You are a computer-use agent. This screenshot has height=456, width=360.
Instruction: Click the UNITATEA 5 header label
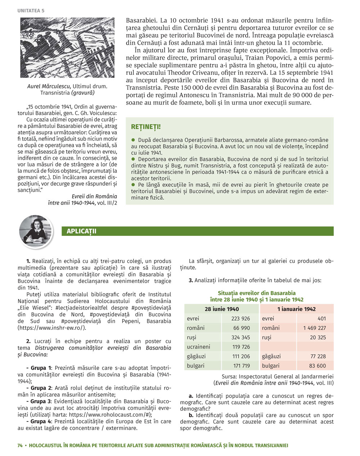click(31, 11)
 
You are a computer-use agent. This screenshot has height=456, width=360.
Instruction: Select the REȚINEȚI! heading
click(146, 127)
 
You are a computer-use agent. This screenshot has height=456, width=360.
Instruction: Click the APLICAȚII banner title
click(81, 231)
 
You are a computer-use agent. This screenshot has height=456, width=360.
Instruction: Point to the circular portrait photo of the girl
click(36, 232)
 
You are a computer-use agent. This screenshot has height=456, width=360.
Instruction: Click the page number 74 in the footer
click(20, 445)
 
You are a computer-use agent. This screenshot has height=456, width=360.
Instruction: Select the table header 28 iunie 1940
click(221, 309)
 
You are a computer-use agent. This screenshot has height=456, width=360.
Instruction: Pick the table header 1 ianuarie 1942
click(296, 309)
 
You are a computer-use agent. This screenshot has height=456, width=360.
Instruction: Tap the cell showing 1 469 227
click(314, 328)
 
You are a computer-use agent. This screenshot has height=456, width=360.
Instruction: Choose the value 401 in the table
click(321, 319)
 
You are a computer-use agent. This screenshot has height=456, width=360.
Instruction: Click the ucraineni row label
click(198, 347)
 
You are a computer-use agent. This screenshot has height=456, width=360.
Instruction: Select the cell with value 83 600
click(317, 366)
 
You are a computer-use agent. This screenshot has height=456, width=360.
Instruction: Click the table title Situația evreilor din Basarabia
click(257, 293)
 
